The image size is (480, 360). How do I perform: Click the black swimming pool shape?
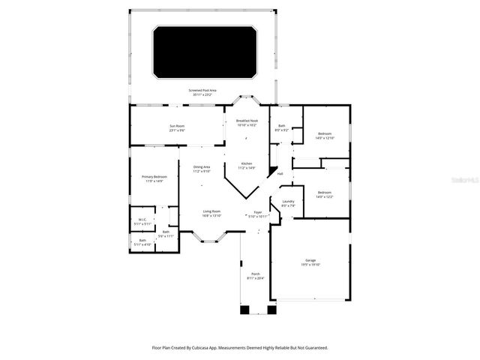tap(205, 52)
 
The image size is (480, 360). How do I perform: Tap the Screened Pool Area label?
tap(202, 91)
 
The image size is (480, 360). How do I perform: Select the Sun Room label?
tap(176, 125)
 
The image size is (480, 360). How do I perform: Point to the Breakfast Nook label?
tap(247, 121)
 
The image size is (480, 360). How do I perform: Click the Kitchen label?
tap(247, 163)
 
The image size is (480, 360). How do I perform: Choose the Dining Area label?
tap(201, 166)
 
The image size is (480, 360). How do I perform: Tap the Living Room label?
tap(211, 211)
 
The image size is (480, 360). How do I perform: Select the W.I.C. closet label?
tap(142, 220)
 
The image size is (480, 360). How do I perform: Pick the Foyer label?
tap(258, 212)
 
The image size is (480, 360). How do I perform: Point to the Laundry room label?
tap(288, 201)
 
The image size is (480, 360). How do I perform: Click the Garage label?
tap(310, 260)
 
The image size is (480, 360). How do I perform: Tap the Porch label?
tap(255, 274)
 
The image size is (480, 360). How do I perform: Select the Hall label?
tap(280, 173)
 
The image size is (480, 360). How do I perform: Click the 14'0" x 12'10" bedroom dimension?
tap(325, 138)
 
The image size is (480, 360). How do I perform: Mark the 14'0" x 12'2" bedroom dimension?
tap(324, 196)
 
